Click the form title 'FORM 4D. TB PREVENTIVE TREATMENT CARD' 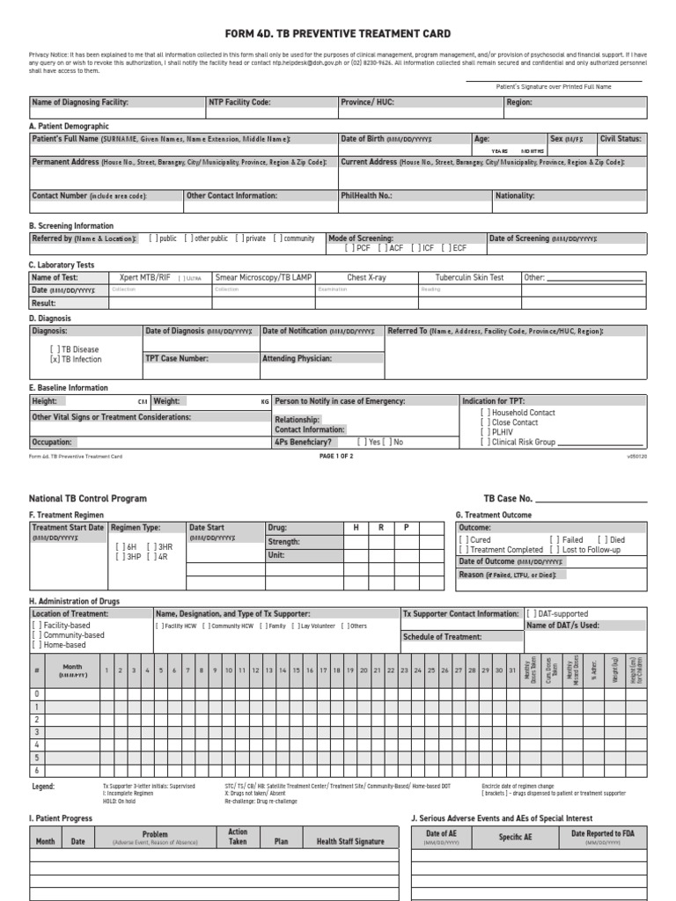(338, 33)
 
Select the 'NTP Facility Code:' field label (239, 102)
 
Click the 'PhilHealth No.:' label (366, 196)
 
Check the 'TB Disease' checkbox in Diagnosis (55, 349)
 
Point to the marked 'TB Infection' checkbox (55, 359)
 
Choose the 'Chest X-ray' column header (366, 277)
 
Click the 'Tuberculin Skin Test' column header (469, 277)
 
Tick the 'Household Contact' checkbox (485, 413)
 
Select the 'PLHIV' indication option (485, 432)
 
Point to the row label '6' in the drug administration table (36, 769)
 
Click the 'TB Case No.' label (507, 498)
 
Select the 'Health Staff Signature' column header (350, 841)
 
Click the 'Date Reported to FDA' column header (603, 832)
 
